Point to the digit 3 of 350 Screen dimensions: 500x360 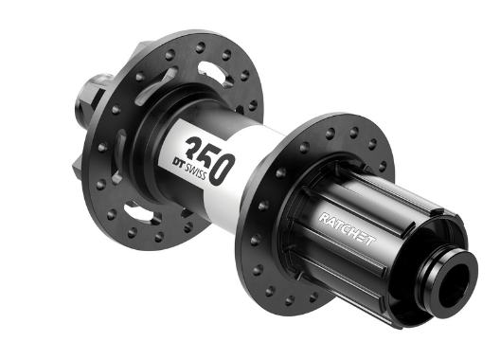(195, 148)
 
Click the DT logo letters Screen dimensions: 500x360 (179, 162)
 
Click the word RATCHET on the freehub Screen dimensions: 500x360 (347, 229)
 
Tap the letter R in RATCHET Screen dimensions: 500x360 (324, 218)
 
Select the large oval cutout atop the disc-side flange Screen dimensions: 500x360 (214, 73)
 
